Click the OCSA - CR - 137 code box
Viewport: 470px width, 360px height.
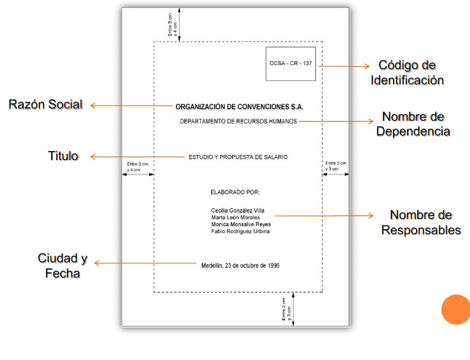pos(291,63)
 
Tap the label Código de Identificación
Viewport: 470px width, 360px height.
pos(407,73)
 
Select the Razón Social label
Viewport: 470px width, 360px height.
pos(46,104)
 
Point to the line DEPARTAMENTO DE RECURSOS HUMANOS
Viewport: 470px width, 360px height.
pos(238,121)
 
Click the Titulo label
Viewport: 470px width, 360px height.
pos(63,156)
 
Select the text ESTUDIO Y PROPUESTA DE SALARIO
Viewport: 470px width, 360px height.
pos(238,157)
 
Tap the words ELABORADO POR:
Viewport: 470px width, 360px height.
pos(235,192)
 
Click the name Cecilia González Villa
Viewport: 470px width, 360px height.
pos(237,211)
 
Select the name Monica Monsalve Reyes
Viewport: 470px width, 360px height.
pos(241,224)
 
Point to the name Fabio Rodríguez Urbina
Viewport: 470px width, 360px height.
pos(240,231)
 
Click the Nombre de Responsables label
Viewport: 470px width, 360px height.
pos(421,222)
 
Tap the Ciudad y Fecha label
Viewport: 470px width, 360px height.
pos(62,266)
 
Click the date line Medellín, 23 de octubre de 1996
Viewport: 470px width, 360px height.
pos(240,266)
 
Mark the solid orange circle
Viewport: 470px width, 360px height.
pos(456,309)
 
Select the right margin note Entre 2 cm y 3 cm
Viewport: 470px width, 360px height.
pos(336,166)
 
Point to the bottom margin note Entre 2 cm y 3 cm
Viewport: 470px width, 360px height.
pos(287,309)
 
